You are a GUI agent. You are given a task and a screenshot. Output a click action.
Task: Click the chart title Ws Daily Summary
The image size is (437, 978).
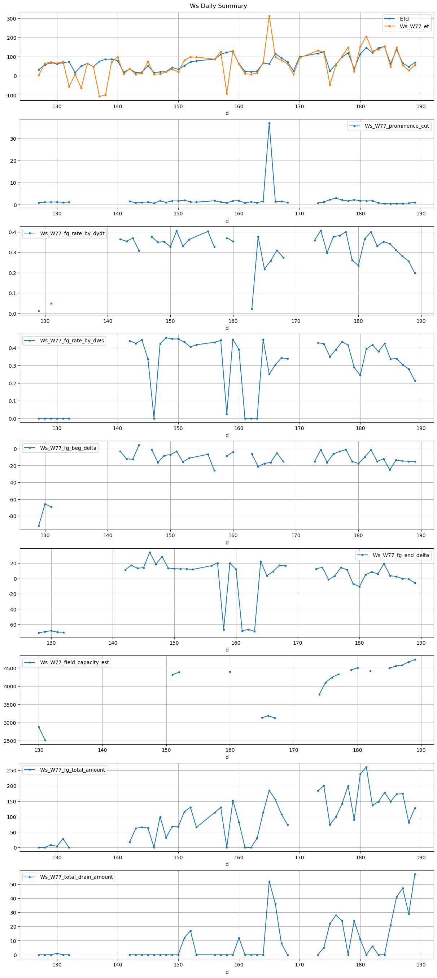[x=218, y=6]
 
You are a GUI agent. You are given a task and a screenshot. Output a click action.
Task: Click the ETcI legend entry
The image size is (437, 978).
[x=405, y=19]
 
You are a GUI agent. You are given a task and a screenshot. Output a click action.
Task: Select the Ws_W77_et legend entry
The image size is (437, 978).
[x=414, y=26]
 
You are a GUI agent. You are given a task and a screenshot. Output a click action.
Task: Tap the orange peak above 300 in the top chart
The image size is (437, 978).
[x=269, y=16]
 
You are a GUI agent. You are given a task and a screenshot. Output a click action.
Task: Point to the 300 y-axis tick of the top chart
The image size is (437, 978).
[x=12, y=19]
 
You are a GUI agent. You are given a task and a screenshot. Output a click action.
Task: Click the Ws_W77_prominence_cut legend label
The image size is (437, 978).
[x=396, y=126]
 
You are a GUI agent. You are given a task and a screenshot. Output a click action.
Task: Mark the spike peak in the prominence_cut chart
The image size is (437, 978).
[x=269, y=123]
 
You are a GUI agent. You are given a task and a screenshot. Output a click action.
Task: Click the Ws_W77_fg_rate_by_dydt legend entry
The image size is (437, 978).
[x=72, y=233]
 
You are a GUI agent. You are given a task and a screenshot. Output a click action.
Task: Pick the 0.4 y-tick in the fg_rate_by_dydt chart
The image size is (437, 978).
[x=12, y=232]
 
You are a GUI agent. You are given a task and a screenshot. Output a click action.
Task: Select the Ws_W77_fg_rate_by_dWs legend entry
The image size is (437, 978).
[x=71, y=341]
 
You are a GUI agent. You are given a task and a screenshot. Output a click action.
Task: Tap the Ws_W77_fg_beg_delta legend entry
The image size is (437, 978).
[x=68, y=448]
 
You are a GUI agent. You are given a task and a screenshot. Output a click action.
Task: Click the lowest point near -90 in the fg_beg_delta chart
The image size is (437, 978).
[x=39, y=526]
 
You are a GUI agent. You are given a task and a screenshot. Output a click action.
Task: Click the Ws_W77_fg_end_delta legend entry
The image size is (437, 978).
[x=401, y=555]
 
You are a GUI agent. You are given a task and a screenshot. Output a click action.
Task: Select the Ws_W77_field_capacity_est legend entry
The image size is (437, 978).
[x=74, y=662]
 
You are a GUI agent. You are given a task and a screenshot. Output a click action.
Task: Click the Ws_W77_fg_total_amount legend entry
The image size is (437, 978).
[x=72, y=769]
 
